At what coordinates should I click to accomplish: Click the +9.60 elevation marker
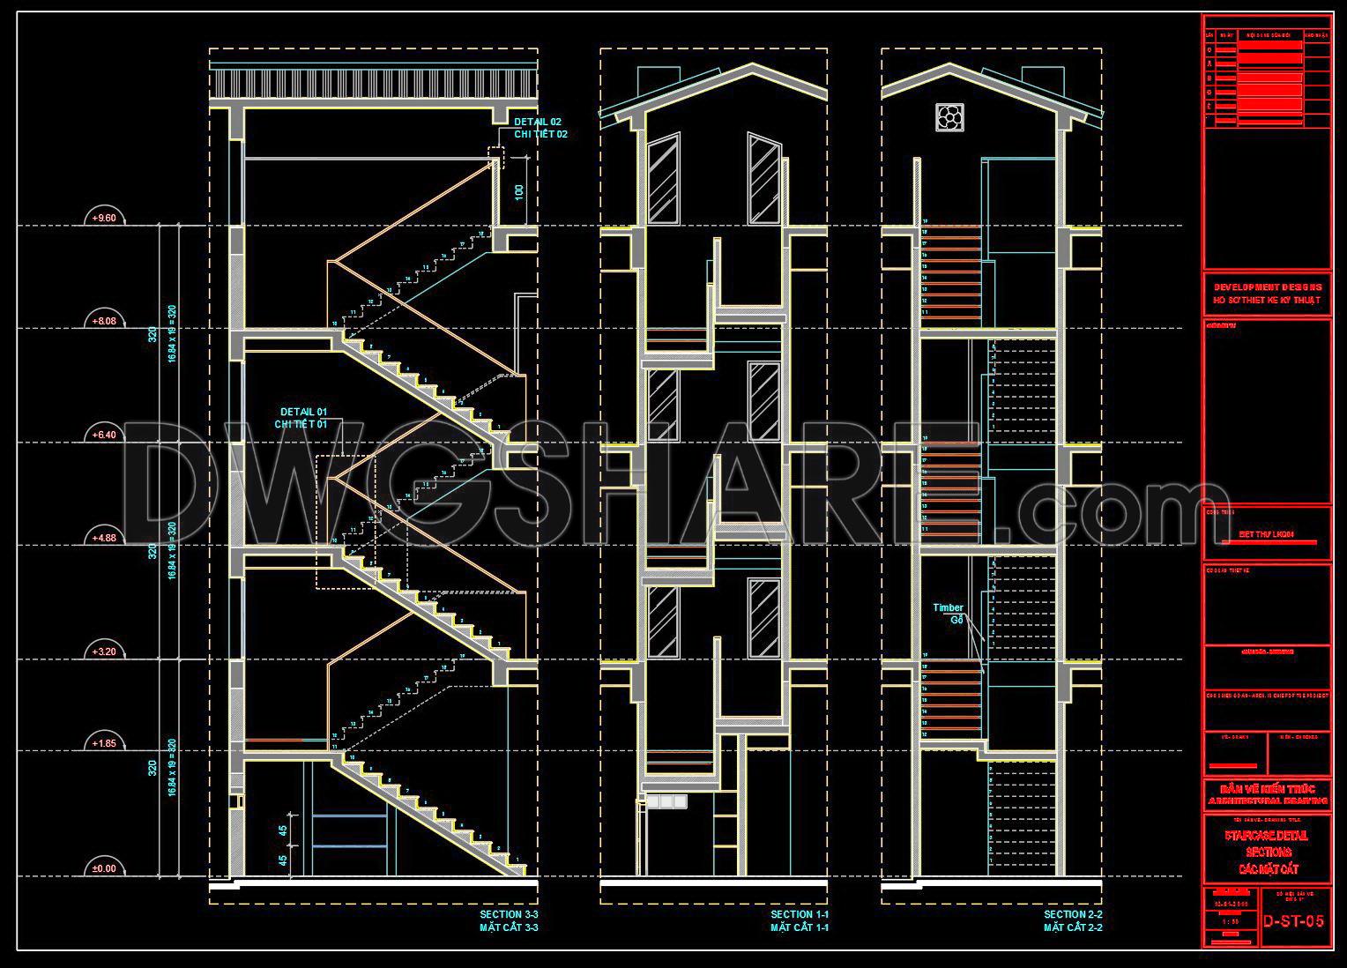pyautogui.click(x=104, y=218)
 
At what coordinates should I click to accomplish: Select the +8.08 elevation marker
pyautogui.click(x=104, y=321)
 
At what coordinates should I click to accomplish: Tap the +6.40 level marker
pyautogui.click(x=104, y=434)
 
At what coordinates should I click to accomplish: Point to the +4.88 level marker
pyautogui.click(x=104, y=538)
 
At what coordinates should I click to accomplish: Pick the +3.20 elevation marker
pyautogui.click(x=104, y=652)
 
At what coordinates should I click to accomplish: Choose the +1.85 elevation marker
pyautogui.click(x=104, y=743)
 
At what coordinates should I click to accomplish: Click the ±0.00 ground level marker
pyautogui.click(x=104, y=868)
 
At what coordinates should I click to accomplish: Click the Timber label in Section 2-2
pyautogui.click(x=948, y=607)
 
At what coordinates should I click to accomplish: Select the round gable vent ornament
pyautogui.click(x=949, y=116)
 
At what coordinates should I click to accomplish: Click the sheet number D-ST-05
pyautogui.click(x=1293, y=921)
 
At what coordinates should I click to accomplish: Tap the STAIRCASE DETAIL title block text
pyautogui.click(x=1267, y=835)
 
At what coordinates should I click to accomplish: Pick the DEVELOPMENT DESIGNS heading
pyautogui.click(x=1268, y=287)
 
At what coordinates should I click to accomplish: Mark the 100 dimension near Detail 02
pyautogui.click(x=519, y=191)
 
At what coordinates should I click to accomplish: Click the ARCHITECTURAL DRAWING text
pyautogui.click(x=1268, y=801)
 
